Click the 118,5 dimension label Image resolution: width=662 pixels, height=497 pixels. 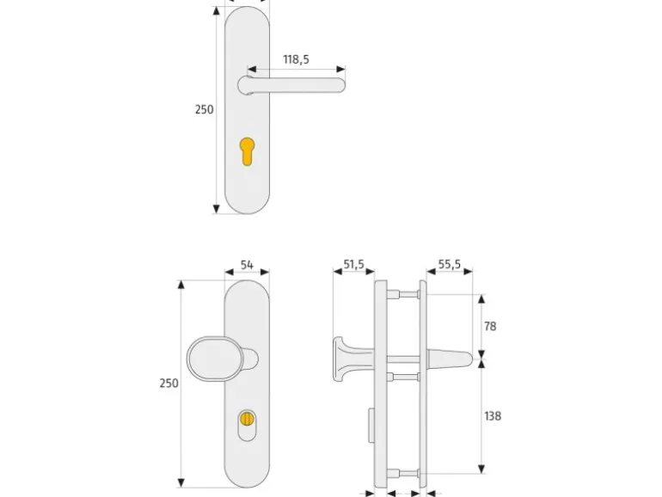coord(296,59)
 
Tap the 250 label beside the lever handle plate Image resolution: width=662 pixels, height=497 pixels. coord(204,109)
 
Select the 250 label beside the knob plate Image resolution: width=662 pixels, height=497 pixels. coord(169,383)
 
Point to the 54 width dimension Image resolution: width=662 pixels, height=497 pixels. coord(247,265)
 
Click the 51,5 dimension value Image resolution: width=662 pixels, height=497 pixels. coord(354,265)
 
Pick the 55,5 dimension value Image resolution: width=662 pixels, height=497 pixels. coord(449,265)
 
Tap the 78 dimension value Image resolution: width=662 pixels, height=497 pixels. coord(490,327)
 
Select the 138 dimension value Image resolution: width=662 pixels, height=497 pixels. coord(493,416)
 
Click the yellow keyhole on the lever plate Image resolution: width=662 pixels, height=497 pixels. coord(247,151)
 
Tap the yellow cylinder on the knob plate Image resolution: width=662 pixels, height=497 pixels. coord(247,419)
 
